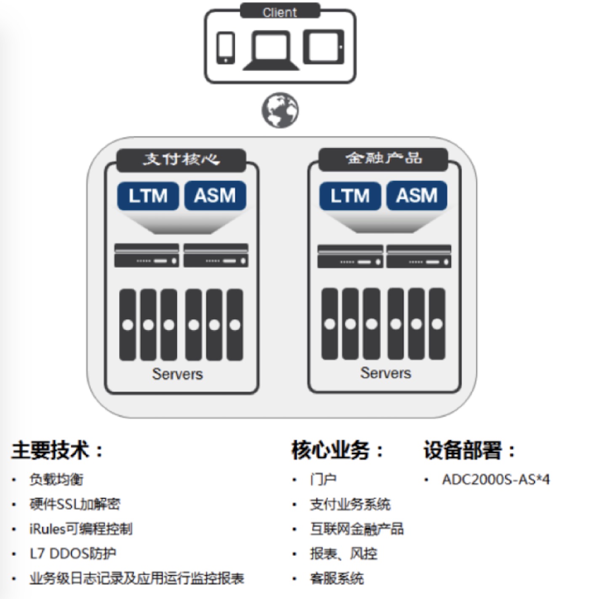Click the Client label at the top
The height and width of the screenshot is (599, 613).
tap(280, 12)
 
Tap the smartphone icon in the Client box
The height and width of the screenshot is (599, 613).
tap(226, 48)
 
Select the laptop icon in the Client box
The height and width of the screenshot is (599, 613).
tap(271, 50)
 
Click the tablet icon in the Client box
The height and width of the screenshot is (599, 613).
tap(323, 47)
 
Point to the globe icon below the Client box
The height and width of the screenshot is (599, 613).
tap(280, 110)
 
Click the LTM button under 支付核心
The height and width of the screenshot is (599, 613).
tap(148, 196)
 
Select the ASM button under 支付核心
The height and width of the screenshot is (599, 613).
tap(215, 196)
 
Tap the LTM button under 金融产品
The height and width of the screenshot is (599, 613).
tap(350, 196)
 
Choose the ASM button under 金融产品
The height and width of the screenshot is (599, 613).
tap(417, 196)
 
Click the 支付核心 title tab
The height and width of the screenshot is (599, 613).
tap(181, 160)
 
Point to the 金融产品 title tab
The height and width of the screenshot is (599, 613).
tap(383, 159)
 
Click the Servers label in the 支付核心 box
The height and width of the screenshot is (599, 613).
tap(177, 374)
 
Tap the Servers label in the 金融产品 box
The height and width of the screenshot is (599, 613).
tap(385, 373)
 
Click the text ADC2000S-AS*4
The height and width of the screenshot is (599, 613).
tap(496, 479)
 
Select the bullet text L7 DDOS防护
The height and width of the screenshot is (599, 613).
tap(73, 554)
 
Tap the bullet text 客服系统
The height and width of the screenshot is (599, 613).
tap(337, 578)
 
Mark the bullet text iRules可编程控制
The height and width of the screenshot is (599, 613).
tap(81, 529)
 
